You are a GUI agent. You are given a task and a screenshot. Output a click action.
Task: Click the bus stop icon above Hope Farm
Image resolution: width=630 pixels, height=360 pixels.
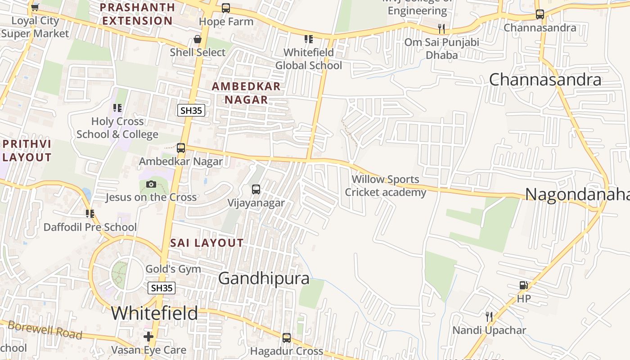pyautogui.click(x=226, y=8)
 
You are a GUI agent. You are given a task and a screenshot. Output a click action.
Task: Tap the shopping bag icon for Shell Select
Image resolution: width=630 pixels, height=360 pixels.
pyautogui.click(x=197, y=39)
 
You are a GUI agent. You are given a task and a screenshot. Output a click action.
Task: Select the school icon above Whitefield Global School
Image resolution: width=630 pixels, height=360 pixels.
pyautogui.click(x=308, y=39)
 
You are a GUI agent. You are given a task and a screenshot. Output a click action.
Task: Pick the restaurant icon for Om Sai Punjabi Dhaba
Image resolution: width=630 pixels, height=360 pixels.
pyautogui.click(x=441, y=29)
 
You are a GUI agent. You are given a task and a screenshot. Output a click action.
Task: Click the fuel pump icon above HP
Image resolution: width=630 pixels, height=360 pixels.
pyautogui.click(x=523, y=285)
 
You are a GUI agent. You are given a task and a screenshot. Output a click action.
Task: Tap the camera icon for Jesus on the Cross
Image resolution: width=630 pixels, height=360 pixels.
pyautogui.click(x=151, y=184)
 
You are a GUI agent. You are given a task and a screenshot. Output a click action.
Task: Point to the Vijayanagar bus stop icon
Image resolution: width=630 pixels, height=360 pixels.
pyautogui.click(x=256, y=189)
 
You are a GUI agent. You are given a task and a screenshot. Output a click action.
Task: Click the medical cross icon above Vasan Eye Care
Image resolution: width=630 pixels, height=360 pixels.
pyautogui.click(x=148, y=337)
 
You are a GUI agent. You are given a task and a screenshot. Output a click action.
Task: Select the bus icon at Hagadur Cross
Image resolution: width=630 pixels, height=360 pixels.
pyautogui.click(x=287, y=337)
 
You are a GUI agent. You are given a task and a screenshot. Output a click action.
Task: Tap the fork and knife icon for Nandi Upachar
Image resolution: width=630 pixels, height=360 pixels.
pyautogui.click(x=489, y=317)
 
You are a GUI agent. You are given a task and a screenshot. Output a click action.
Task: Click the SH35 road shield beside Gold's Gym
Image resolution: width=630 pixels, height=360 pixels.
pyautogui.click(x=162, y=288)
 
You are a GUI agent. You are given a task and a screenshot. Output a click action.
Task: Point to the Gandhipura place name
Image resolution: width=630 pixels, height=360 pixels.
pyautogui.click(x=264, y=278)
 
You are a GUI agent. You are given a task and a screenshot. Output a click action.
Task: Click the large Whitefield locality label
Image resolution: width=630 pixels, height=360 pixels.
pyautogui.click(x=154, y=313)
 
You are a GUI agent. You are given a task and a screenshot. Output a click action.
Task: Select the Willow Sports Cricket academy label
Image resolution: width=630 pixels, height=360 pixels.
pyautogui.click(x=385, y=186)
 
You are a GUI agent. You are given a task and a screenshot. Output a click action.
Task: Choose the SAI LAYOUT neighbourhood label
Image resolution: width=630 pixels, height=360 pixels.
pyautogui.click(x=207, y=243)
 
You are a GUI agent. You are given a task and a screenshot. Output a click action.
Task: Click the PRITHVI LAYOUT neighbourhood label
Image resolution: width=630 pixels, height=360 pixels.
pyautogui.click(x=27, y=151)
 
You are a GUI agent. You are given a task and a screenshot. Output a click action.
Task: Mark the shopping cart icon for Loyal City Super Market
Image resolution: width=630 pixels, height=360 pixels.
pyautogui.click(x=35, y=7)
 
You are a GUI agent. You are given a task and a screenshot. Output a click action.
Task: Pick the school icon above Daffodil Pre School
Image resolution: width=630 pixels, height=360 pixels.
pyautogui.click(x=90, y=214)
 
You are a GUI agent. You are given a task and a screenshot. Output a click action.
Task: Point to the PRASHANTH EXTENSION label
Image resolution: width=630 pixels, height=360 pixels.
pyautogui.click(x=137, y=14)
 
